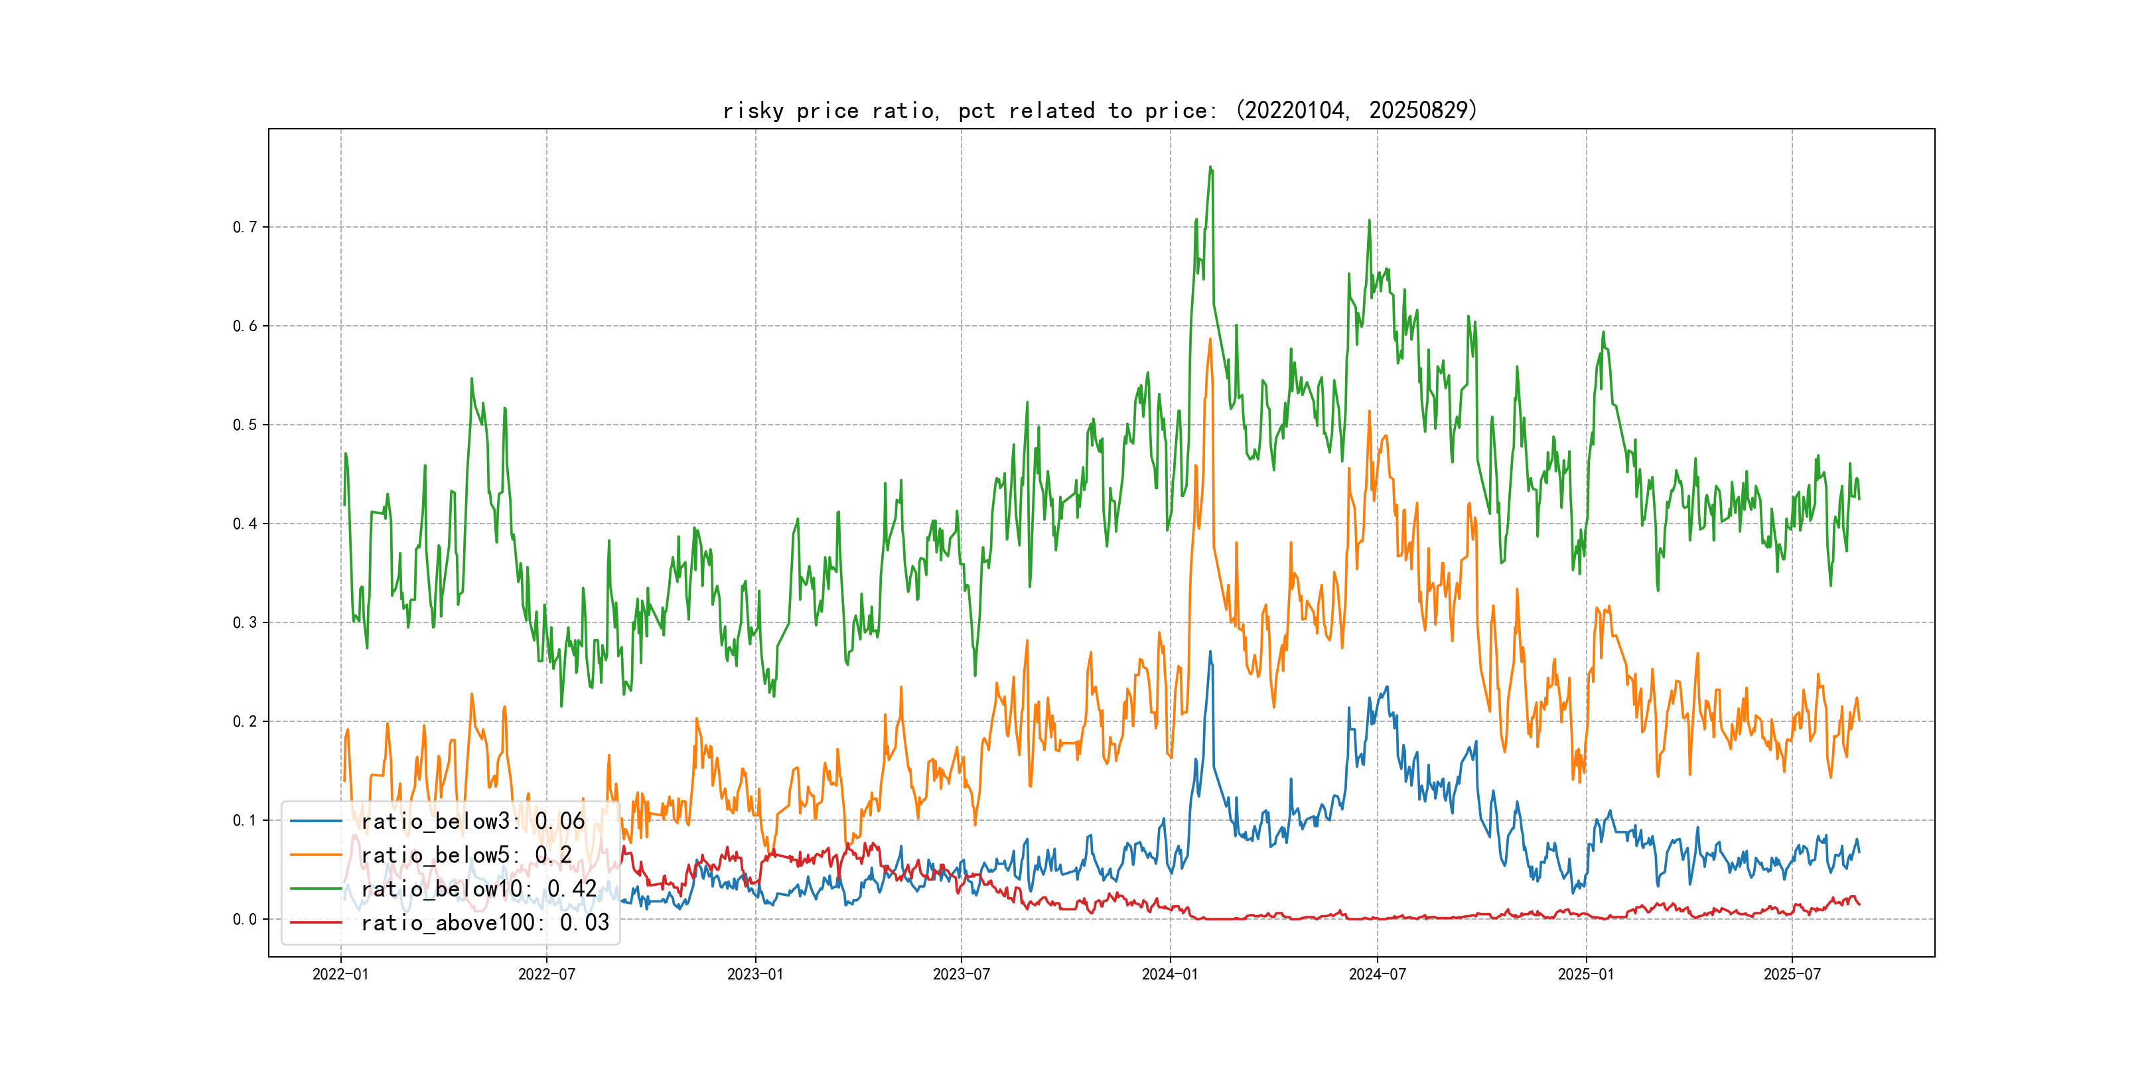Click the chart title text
pos(1100,110)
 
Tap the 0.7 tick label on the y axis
pos(245,227)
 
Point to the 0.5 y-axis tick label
pos(245,425)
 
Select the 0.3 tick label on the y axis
pos(245,622)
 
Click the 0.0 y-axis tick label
pos(245,919)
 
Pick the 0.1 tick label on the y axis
pos(245,820)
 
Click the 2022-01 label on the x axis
pos(340,974)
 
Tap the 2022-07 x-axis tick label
pos(547,974)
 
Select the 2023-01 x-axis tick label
pos(755,974)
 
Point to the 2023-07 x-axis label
pos(962,974)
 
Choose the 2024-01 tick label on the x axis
pos(1170,974)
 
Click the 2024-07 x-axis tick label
pos(1377,974)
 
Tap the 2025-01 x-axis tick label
pos(1586,974)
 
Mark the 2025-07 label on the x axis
pos(1792,974)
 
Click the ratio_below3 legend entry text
pos(472,822)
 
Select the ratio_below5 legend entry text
pos(466,855)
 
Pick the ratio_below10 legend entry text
pos(478,889)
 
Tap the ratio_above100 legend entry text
pos(485,922)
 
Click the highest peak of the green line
pos(1210,167)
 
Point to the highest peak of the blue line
pos(1210,652)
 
